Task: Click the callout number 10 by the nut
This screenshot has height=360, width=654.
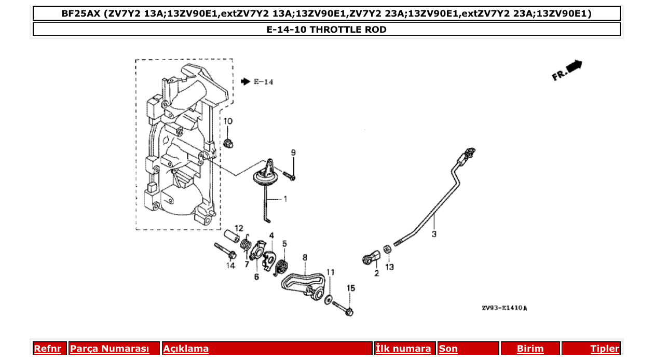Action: pyautogui.click(x=228, y=121)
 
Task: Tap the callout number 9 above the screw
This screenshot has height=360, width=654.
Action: pyautogui.click(x=293, y=153)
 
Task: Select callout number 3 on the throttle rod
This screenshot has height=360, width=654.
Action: pyautogui.click(x=434, y=234)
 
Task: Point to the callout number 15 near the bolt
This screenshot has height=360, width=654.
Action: pyautogui.click(x=351, y=288)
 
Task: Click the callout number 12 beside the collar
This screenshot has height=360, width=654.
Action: pyautogui.click(x=239, y=228)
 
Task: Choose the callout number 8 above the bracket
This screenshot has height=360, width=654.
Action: pyautogui.click(x=305, y=257)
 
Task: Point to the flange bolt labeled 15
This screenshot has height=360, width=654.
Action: pyautogui.click(x=343, y=308)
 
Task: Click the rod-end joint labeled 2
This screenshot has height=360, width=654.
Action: pyautogui.click(x=370, y=257)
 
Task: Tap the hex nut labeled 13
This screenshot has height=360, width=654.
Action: pyautogui.click(x=387, y=250)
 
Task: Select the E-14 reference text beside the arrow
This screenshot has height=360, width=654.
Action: pyautogui.click(x=263, y=82)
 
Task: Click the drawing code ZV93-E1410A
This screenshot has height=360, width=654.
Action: pyautogui.click(x=504, y=308)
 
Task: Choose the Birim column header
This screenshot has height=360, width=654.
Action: pyautogui.click(x=530, y=349)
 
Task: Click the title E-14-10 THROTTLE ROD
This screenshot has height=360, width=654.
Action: pyautogui.click(x=326, y=30)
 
